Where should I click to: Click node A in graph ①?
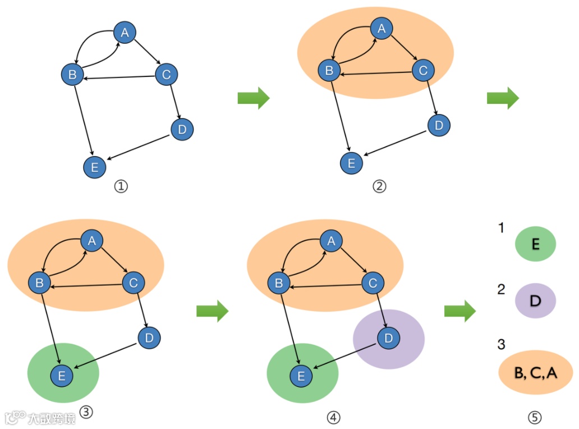click(125, 33)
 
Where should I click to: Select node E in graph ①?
click(94, 166)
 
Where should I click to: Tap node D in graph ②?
click(439, 124)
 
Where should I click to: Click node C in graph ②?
click(423, 70)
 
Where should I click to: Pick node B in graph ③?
click(39, 282)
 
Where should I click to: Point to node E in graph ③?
click(62, 376)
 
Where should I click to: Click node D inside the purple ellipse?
click(388, 337)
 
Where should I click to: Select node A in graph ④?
click(331, 241)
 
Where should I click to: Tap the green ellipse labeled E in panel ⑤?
click(535, 244)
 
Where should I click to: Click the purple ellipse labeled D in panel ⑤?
click(535, 301)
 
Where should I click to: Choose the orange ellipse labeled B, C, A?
click(535, 371)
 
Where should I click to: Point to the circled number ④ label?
click(333, 417)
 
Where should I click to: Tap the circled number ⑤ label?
click(535, 417)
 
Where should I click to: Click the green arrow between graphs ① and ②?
click(254, 98)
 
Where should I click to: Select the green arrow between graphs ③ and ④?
click(213, 311)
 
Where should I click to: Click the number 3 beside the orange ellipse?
click(502, 344)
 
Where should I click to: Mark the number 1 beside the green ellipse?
click(501, 228)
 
